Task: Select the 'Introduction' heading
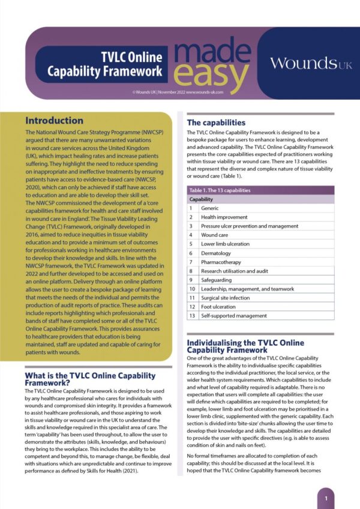click(x=54, y=120)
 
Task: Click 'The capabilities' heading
click(x=217, y=122)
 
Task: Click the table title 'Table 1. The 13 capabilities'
click(x=221, y=190)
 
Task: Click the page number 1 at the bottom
click(x=326, y=498)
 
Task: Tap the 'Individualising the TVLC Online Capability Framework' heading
click(x=245, y=346)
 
